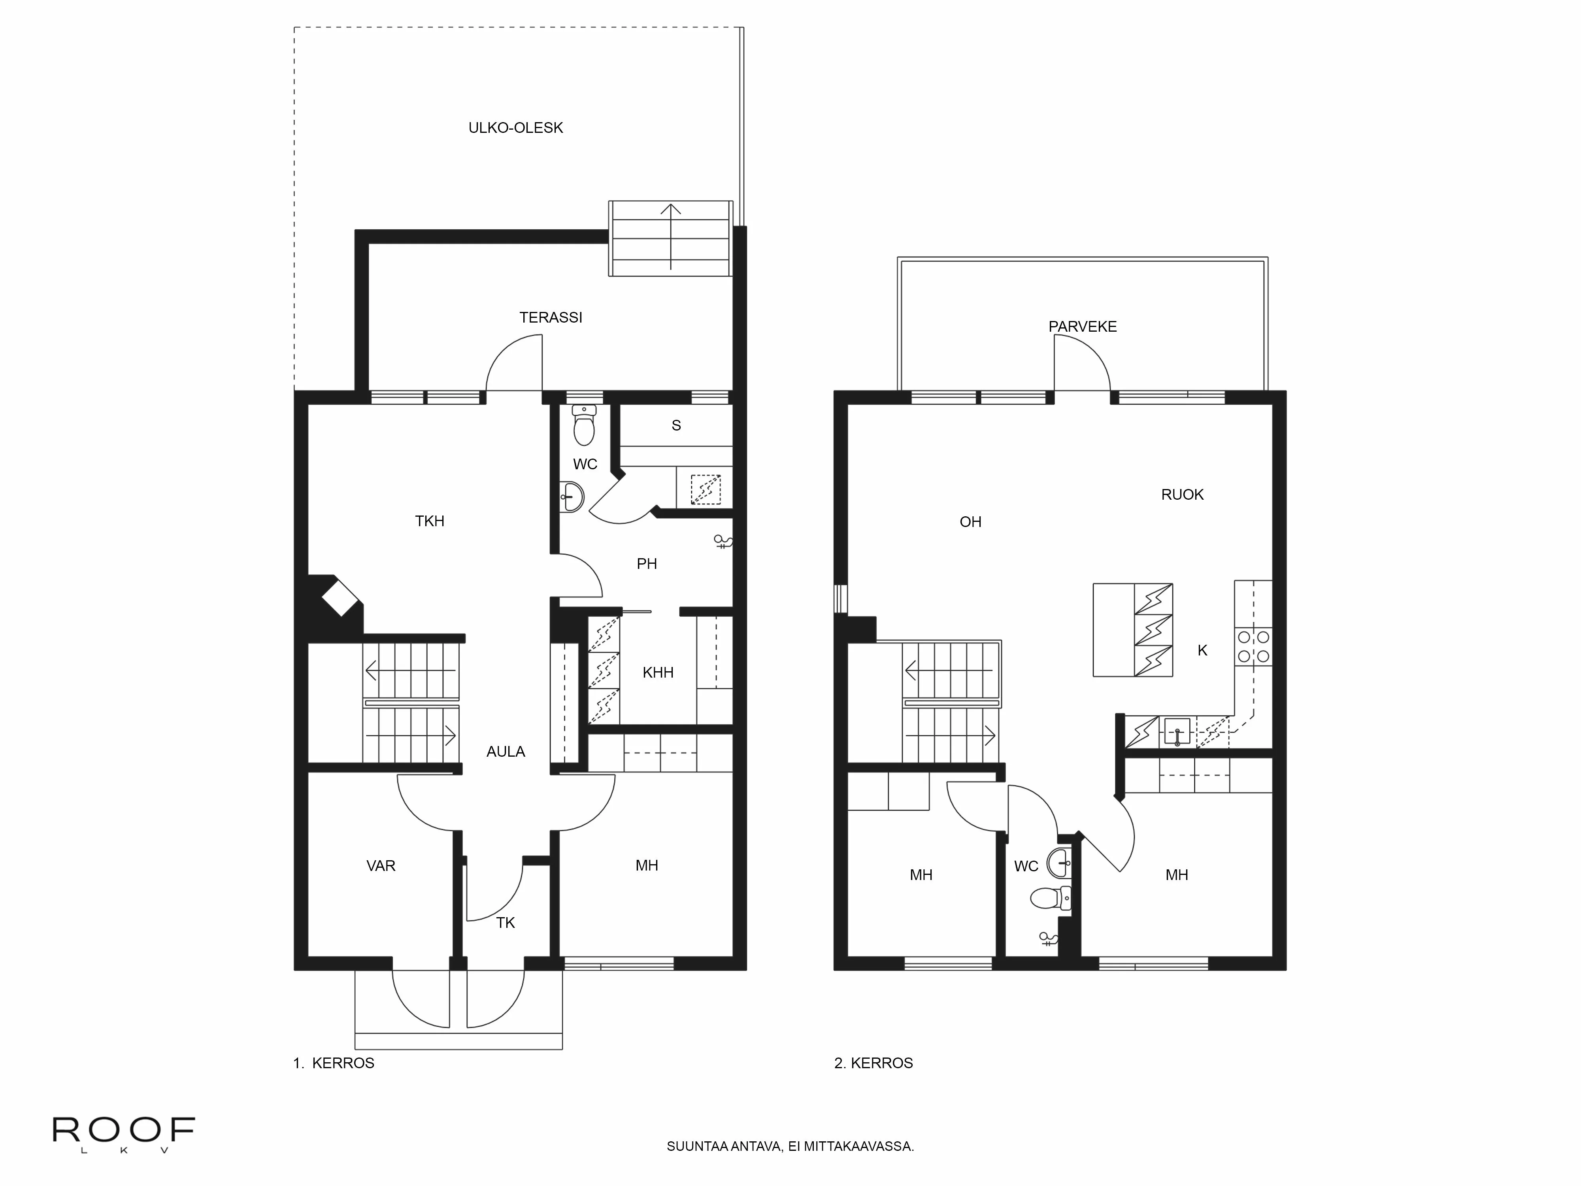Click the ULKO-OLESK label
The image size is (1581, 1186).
click(x=515, y=128)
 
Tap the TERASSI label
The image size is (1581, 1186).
click(x=550, y=317)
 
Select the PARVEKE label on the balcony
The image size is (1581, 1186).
click(x=1082, y=327)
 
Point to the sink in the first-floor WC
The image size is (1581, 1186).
click(x=572, y=495)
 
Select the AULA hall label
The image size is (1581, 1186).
click(x=505, y=752)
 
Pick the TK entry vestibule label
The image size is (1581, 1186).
click(x=505, y=923)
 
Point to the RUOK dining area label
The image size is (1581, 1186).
click(x=1182, y=495)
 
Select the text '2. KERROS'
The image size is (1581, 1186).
click(x=874, y=1063)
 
